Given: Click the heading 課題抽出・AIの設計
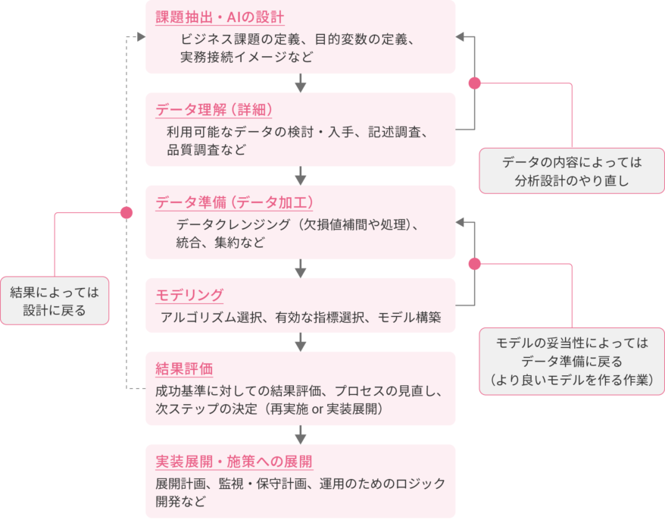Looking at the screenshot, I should (220, 17).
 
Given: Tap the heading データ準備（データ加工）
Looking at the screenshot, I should (235, 202).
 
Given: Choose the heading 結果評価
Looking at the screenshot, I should (184, 369).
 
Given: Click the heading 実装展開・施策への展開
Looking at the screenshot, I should (234, 462).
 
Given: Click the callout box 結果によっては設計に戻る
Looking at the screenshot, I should (55, 300).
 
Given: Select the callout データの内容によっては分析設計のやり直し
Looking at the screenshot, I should (572, 171).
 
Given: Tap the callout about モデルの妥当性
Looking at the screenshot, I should (572, 361).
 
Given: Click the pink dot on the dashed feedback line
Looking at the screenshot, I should (126, 213).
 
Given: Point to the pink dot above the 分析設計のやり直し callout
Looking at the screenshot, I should (475, 83).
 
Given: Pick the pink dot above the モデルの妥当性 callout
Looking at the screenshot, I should (475, 264).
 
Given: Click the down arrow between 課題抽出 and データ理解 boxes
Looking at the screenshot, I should (301, 82).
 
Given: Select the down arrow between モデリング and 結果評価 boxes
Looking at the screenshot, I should (301, 342).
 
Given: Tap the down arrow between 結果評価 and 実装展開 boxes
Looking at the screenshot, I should (301, 434).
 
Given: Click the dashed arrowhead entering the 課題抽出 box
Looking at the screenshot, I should (140, 36).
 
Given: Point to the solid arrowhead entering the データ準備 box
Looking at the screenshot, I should (461, 222).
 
